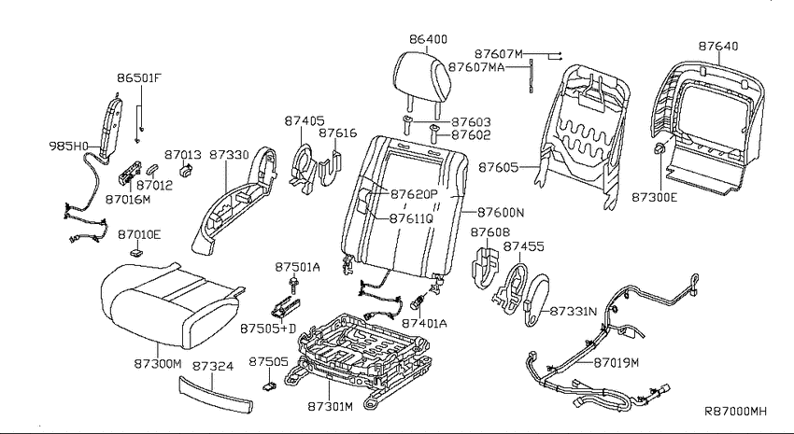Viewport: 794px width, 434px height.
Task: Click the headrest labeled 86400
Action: tap(421, 77)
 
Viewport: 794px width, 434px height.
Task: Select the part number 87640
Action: tap(718, 46)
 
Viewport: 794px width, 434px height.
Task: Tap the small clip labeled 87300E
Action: tap(660, 148)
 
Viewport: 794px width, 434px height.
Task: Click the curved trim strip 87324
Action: tap(216, 393)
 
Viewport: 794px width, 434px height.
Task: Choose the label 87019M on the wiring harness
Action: tap(617, 362)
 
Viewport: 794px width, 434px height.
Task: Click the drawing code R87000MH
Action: tap(736, 412)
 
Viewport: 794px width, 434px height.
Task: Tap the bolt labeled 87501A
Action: tap(293, 286)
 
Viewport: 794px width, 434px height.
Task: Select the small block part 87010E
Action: tap(136, 251)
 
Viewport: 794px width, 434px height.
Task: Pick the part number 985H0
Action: tap(68, 147)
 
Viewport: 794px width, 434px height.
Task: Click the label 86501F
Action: tap(139, 78)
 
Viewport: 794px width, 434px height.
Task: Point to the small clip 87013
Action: tap(186, 170)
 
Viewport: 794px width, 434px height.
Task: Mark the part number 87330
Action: tap(230, 154)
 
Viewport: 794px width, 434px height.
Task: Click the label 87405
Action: tap(305, 120)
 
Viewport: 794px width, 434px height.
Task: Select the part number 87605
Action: tap(499, 167)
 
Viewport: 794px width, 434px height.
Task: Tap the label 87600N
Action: tap(501, 212)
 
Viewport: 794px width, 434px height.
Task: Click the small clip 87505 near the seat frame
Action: tap(268, 386)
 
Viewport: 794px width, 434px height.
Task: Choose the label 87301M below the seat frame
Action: tap(330, 406)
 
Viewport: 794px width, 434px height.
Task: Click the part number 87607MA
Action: tap(476, 67)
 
